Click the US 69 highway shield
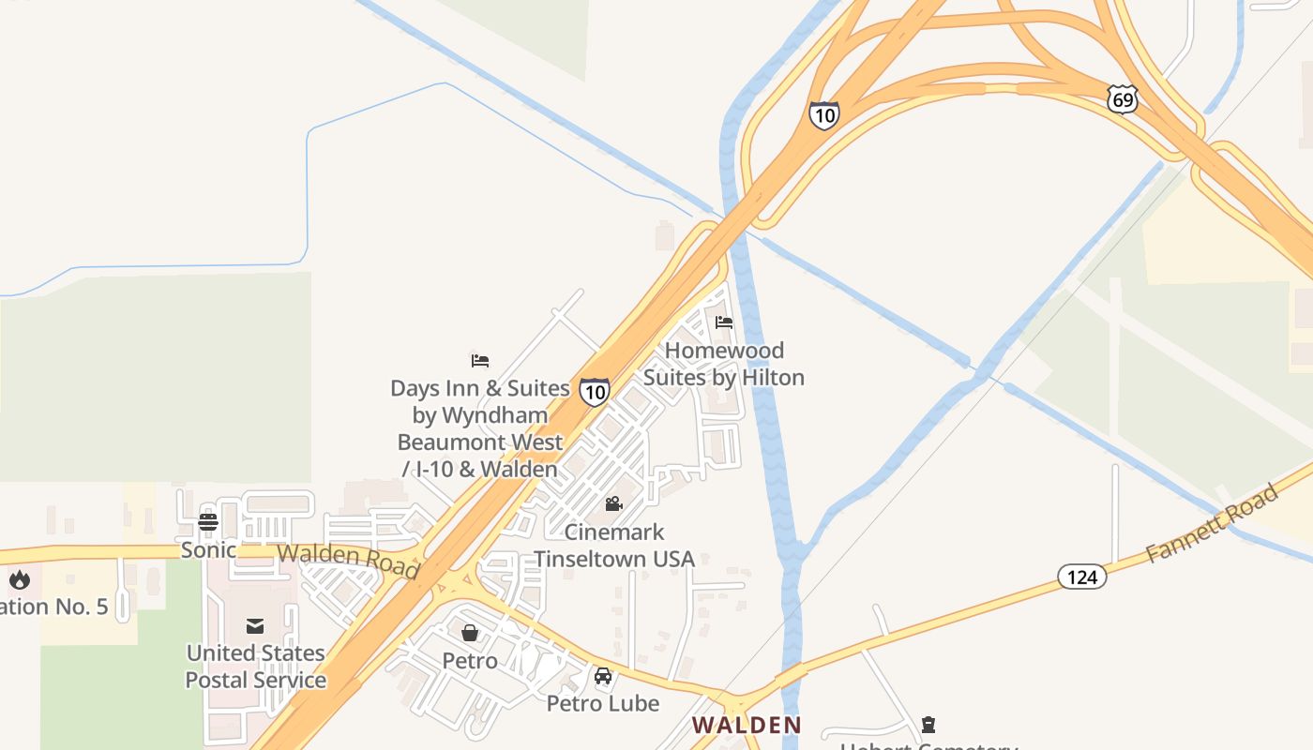pos(1122,99)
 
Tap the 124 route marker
pos(1082,577)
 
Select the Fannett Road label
pos(1213,522)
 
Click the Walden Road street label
pos(347,560)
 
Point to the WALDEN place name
pos(747,725)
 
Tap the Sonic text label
pos(208,549)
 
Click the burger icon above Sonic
pos(208,522)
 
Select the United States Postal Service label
pos(255,666)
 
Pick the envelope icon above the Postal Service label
pos(255,625)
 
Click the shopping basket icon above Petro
pos(470,633)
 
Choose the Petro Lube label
pos(603,703)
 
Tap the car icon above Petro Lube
pos(603,676)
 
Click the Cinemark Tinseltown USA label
pos(614,546)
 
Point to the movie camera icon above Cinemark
pos(614,504)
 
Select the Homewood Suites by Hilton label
pos(723,364)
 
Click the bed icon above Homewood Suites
pos(723,322)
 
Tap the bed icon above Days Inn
pos(480,360)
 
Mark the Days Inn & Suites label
pos(480,427)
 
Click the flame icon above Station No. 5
pos(20,579)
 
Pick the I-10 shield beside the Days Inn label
pos(594,391)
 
